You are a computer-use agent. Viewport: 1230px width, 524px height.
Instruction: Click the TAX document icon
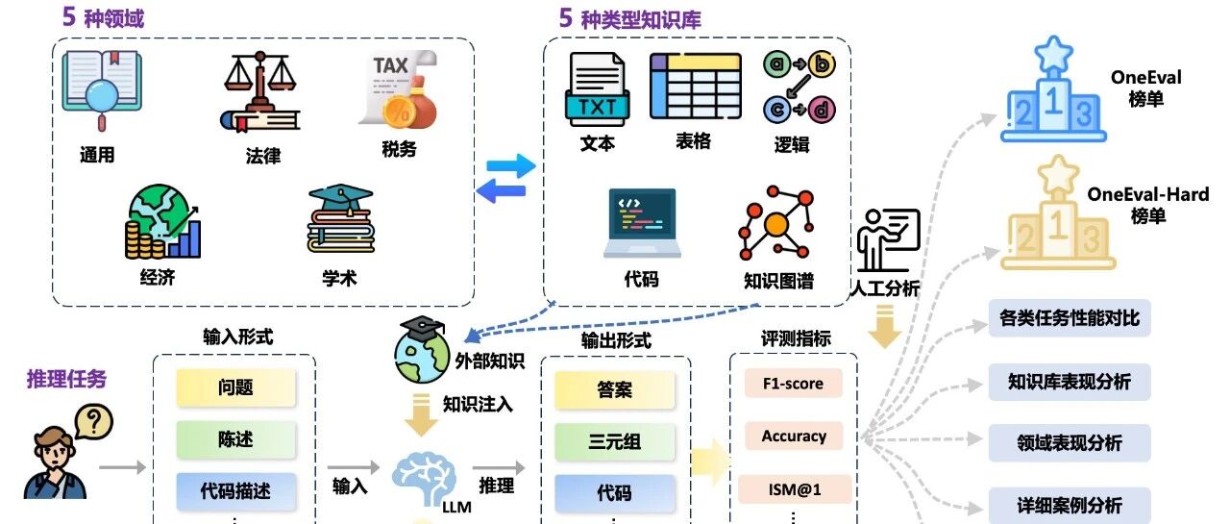[x=398, y=90]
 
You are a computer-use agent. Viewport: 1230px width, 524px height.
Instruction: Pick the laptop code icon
[x=642, y=223]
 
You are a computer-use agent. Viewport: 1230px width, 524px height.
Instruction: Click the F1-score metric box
[x=793, y=384]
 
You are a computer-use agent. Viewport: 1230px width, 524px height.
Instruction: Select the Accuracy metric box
[x=793, y=437]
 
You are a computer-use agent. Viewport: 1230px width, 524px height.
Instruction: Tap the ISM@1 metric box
[x=793, y=489]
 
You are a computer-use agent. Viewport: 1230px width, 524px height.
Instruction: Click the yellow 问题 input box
[x=235, y=387]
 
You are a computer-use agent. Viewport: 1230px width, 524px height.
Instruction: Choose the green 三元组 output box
[x=614, y=442]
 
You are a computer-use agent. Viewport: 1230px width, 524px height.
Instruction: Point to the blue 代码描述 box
[x=235, y=491]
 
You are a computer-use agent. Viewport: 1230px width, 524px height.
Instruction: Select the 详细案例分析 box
[x=1070, y=506]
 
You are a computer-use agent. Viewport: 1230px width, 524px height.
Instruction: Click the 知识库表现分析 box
[x=1070, y=383]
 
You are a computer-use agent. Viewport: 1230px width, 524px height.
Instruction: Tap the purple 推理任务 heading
[x=65, y=379]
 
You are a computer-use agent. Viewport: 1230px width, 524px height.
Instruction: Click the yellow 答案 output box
[x=614, y=390]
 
